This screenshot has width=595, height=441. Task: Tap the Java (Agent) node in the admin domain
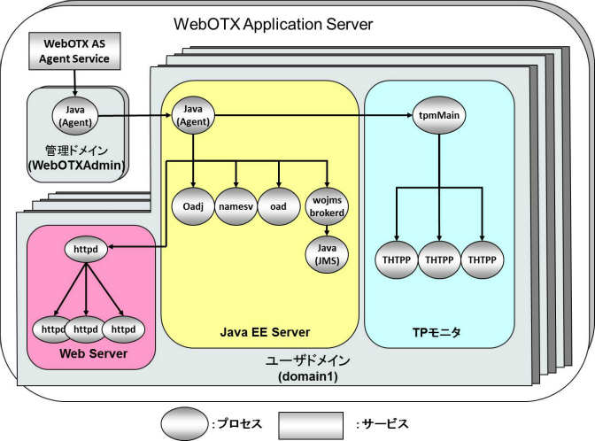[74, 115]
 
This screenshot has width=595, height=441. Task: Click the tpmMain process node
[439, 115]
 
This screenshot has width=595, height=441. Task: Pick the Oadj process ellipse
[191, 205]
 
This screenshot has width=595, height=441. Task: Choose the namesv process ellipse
[236, 205]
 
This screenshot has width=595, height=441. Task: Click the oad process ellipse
[280, 205]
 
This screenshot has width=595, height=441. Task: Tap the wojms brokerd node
[327, 205]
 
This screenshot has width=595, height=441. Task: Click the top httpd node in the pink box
[85, 251]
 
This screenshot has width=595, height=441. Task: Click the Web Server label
[93, 353]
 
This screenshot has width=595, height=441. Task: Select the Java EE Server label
[264, 332]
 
